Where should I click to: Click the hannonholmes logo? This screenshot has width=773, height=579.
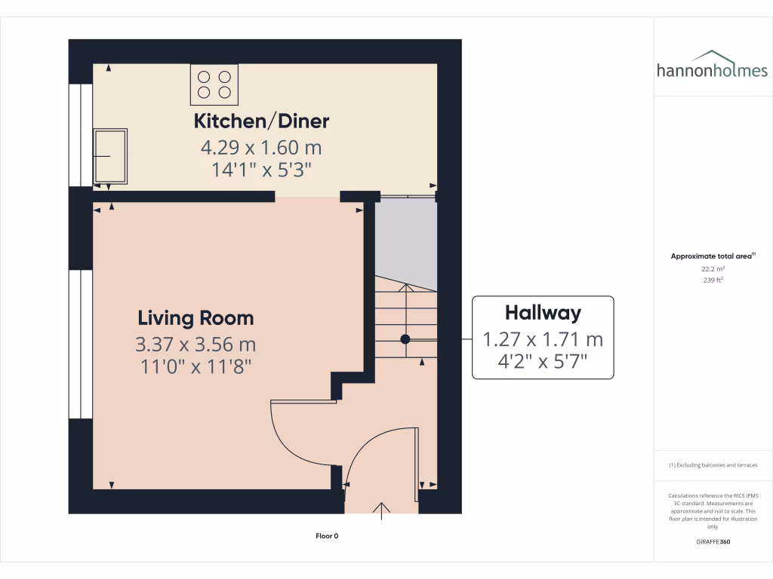click(712, 66)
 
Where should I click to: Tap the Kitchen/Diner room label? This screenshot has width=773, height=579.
click(261, 121)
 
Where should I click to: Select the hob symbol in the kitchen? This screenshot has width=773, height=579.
click(214, 84)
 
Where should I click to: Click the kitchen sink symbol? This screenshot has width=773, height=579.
click(110, 157)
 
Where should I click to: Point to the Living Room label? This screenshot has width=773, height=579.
click(196, 317)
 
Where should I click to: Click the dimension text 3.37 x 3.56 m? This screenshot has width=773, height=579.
click(196, 345)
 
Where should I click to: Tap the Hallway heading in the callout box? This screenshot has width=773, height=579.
click(543, 312)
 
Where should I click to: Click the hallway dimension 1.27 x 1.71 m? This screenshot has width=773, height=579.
click(543, 339)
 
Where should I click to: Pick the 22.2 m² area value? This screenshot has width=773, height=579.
click(713, 268)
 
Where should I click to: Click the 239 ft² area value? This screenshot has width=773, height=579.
click(713, 280)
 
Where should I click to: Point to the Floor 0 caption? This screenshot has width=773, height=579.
click(327, 536)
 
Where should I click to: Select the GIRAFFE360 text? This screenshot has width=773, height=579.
click(713, 542)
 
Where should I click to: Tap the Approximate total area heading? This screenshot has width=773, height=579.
click(712, 256)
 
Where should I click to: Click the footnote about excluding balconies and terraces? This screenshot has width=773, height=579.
click(713, 465)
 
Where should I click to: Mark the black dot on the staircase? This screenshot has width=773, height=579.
click(405, 339)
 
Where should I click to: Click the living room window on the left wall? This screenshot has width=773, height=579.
click(81, 343)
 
